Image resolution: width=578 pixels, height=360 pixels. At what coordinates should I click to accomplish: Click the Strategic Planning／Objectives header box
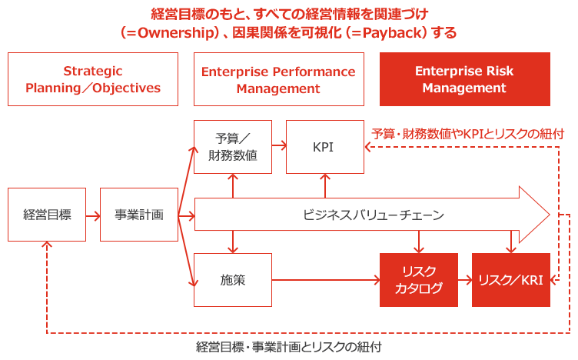(x=93, y=79)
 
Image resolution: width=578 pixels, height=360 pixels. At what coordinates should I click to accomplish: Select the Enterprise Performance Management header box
(x=278, y=79)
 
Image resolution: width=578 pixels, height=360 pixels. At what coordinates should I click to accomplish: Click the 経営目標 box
(x=47, y=215)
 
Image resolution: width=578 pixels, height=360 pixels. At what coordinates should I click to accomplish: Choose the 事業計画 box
(x=139, y=215)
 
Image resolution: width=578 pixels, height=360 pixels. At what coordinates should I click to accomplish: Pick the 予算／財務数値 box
(x=233, y=147)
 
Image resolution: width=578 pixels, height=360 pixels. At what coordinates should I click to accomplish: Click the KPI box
(x=324, y=147)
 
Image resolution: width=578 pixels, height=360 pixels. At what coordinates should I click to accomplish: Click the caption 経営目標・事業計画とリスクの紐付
(x=288, y=347)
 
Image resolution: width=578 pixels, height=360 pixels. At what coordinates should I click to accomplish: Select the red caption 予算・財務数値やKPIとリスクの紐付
(x=467, y=133)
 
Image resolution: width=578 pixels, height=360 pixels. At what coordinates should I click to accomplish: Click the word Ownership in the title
(x=165, y=33)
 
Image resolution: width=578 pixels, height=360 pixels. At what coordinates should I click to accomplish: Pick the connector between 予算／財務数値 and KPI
(x=279, y=145)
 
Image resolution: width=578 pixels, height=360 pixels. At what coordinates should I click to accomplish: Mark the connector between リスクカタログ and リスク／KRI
(x=464, y=280)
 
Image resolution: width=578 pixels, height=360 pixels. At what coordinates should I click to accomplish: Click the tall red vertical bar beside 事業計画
(x=184, y=216)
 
